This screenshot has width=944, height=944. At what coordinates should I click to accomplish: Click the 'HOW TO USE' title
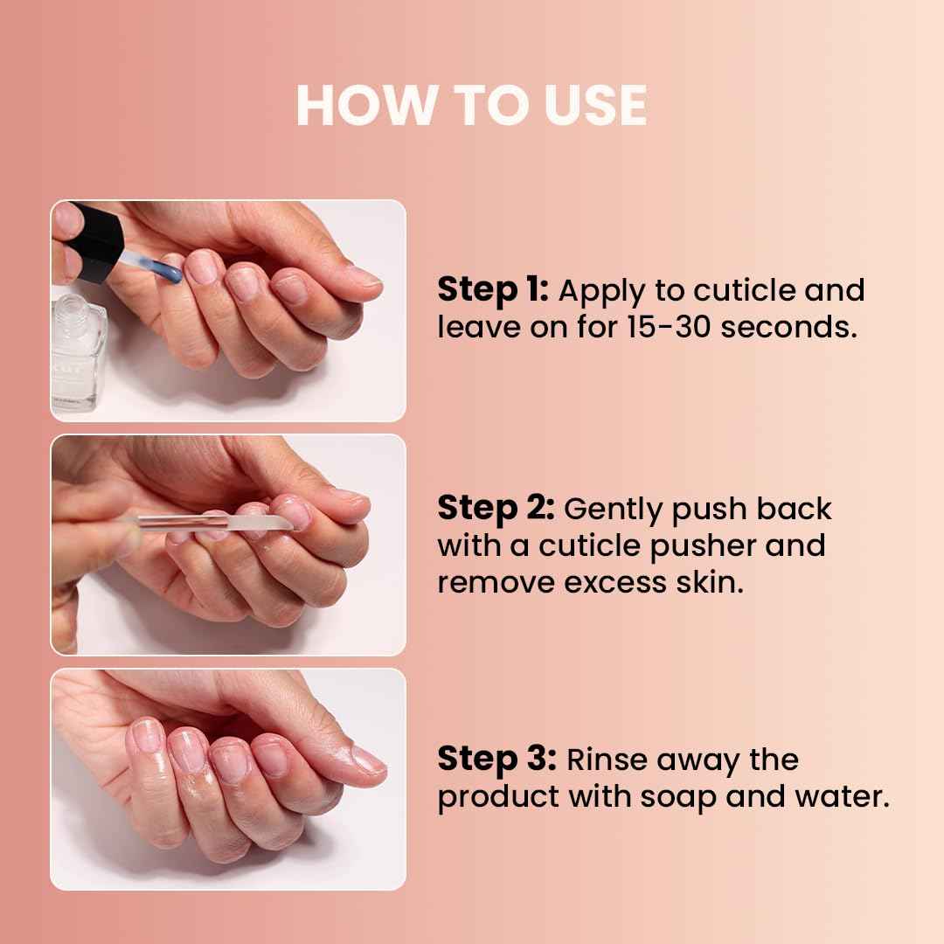471,106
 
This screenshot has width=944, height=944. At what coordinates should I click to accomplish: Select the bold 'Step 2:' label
496,508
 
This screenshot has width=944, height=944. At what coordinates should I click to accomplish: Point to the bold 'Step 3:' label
496,759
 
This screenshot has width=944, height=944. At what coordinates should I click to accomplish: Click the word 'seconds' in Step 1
789,327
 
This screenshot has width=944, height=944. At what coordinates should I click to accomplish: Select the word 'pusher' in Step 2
702,545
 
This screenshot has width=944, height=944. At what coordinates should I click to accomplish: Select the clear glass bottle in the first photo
79,354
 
